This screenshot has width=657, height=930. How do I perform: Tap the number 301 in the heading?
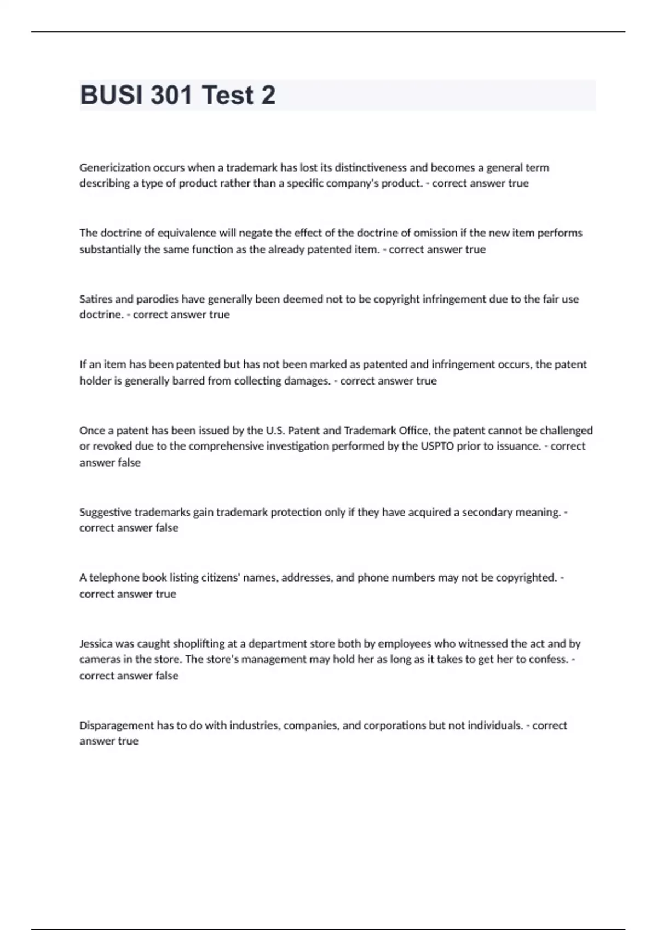171,95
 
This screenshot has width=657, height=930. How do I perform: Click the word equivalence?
187,233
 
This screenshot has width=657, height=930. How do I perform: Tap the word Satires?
96,299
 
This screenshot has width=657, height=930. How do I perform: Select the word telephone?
114,578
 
